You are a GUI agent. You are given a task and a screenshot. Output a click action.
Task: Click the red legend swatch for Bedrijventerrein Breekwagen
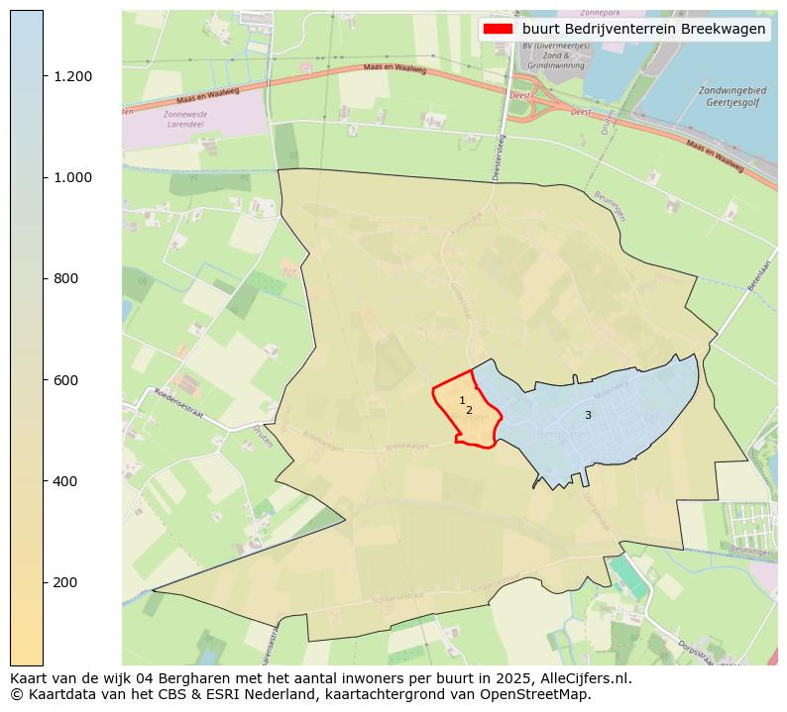[x=498, y=29]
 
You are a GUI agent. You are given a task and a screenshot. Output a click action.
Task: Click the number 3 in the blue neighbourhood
[x=588, y=415]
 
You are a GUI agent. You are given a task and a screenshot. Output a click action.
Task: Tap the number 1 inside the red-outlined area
[x=462, y=400]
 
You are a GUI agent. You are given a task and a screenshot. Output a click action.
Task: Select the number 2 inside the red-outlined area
[x=469, y=410]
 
